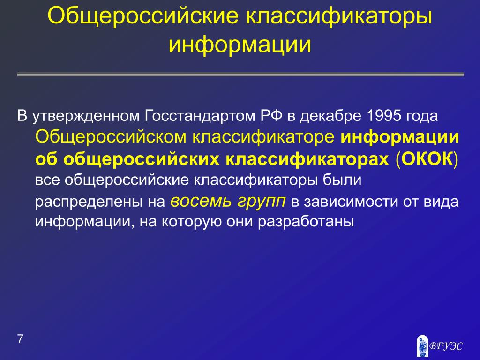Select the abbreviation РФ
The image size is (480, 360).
click(x=271, y=116)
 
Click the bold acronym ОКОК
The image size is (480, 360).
click(x=427, y=159)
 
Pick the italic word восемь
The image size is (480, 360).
click(x=199, y=201)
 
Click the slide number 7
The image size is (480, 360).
click(x=20, y=339)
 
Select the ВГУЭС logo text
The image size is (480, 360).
click(x=446, y=346)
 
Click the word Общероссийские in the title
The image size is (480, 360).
click(x=142, y=16)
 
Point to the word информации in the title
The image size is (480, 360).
click(x=240, y=45)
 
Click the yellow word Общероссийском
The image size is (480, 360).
click(x=111, y=137)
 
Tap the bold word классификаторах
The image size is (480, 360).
click(x=307, y=159)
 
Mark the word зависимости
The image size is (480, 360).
click(x=351, y=202)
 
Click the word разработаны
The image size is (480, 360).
click(x=306, y=222)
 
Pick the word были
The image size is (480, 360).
click(x=342, y=180)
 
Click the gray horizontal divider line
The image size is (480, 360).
click(x=240, y=75)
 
